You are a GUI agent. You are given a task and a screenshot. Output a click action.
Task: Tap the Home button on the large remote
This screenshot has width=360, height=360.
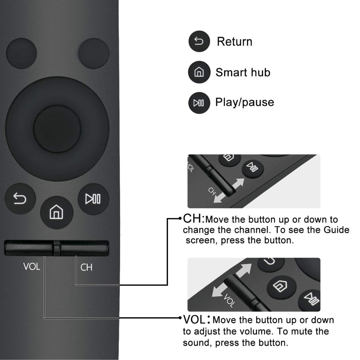(x=56, y=212)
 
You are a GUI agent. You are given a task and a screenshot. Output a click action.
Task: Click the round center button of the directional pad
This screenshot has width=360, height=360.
(x=57, y=129)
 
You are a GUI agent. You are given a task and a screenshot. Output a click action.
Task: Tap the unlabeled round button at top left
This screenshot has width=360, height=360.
(x=22, y=53)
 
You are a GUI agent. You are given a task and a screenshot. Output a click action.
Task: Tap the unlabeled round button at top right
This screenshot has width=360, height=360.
(x=93, y=53)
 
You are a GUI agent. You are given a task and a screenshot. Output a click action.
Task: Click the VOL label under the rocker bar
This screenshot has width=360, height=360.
(x=32, y=267)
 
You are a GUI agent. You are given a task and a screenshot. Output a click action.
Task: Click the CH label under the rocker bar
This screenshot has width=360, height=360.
(x=86, y=267)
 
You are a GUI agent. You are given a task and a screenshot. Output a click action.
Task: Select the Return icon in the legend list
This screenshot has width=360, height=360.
(x=199, y=41)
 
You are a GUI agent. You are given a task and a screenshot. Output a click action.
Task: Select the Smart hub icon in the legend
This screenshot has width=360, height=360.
(x=199, y=72)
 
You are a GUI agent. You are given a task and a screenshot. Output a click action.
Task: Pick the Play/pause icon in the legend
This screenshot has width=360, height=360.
(x=199, y=103)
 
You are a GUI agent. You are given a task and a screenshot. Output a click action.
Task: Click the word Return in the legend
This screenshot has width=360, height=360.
(x=235, y=42)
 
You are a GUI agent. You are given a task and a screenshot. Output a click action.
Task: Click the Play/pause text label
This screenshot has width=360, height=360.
(x=245, y=102)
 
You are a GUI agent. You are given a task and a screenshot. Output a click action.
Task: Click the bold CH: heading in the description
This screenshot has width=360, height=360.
(x=194, y=218)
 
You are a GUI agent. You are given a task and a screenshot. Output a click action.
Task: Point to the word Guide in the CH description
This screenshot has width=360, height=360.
(x=336, y=230)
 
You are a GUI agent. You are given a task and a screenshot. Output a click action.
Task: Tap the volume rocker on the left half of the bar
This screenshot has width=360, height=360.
(x=29, y=248)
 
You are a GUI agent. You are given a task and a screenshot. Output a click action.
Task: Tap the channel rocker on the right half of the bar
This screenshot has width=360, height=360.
(x=84, y=248)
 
